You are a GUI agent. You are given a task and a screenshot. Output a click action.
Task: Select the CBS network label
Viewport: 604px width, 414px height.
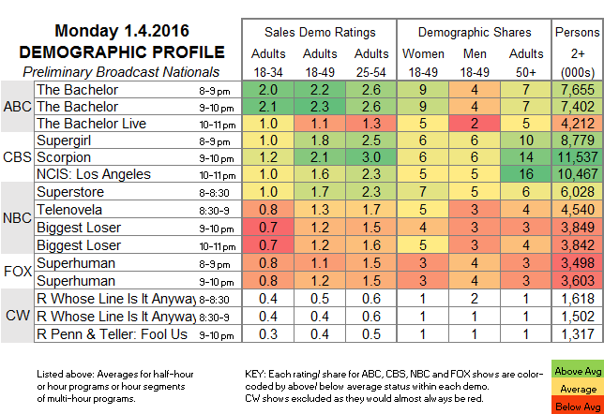point(18,156)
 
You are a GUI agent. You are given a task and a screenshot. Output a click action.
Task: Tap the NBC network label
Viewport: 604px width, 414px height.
point(18,217)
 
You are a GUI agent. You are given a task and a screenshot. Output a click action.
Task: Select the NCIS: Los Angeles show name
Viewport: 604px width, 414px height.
point(94,174)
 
